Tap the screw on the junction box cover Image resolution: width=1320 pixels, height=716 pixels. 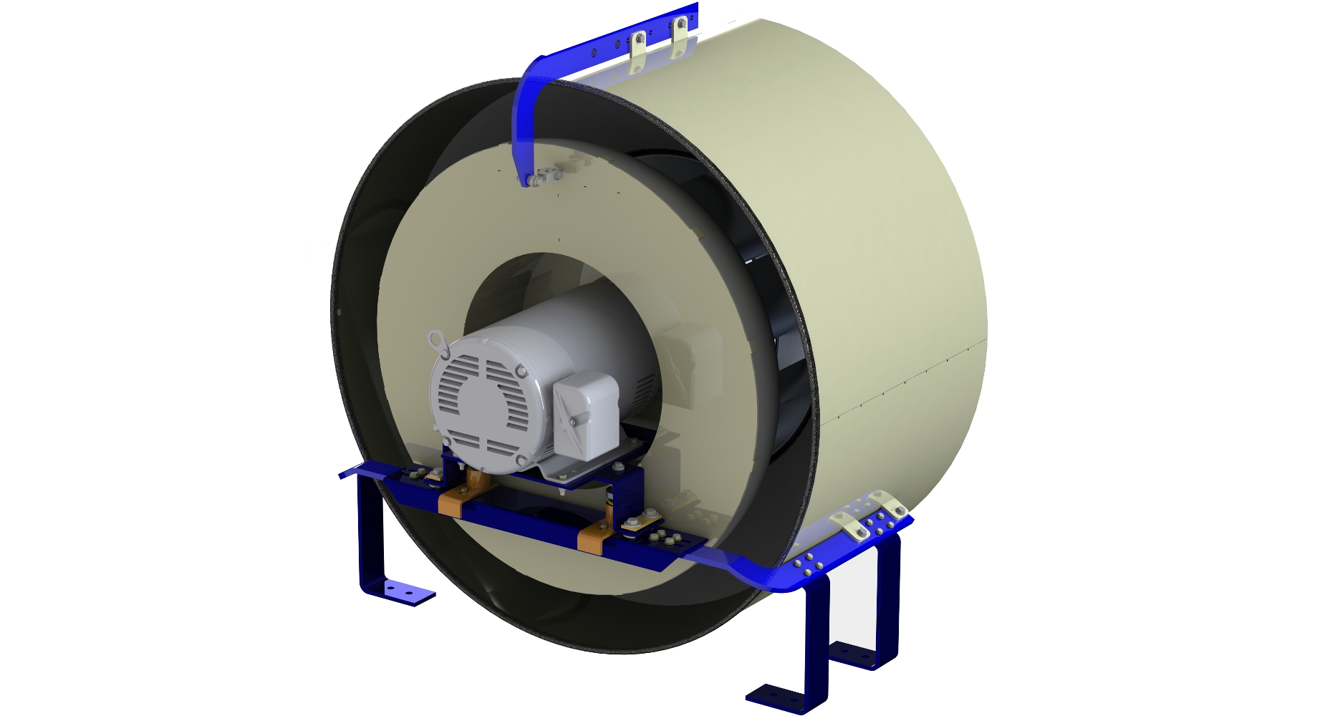coord(573,423)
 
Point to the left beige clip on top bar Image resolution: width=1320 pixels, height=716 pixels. coord(637,51)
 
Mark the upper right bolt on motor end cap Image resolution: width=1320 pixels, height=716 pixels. coord(519,372)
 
